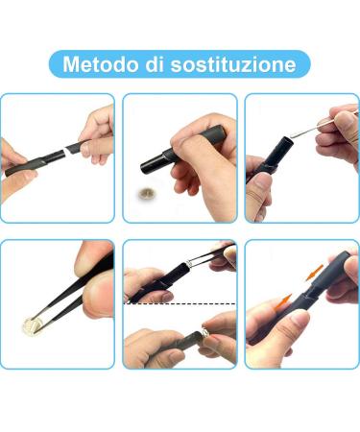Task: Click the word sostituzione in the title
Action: click(233, 64)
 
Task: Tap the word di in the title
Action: click(156, 64)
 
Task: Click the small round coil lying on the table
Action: click(145, 193)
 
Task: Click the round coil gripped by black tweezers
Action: click(32, 325)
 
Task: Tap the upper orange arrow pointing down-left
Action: click(314, 273)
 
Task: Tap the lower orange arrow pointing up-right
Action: click(283, 301)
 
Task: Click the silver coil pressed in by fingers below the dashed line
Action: click(204, 333)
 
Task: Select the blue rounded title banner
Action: click(180, 64)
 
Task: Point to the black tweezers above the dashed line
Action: click(209, 254)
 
